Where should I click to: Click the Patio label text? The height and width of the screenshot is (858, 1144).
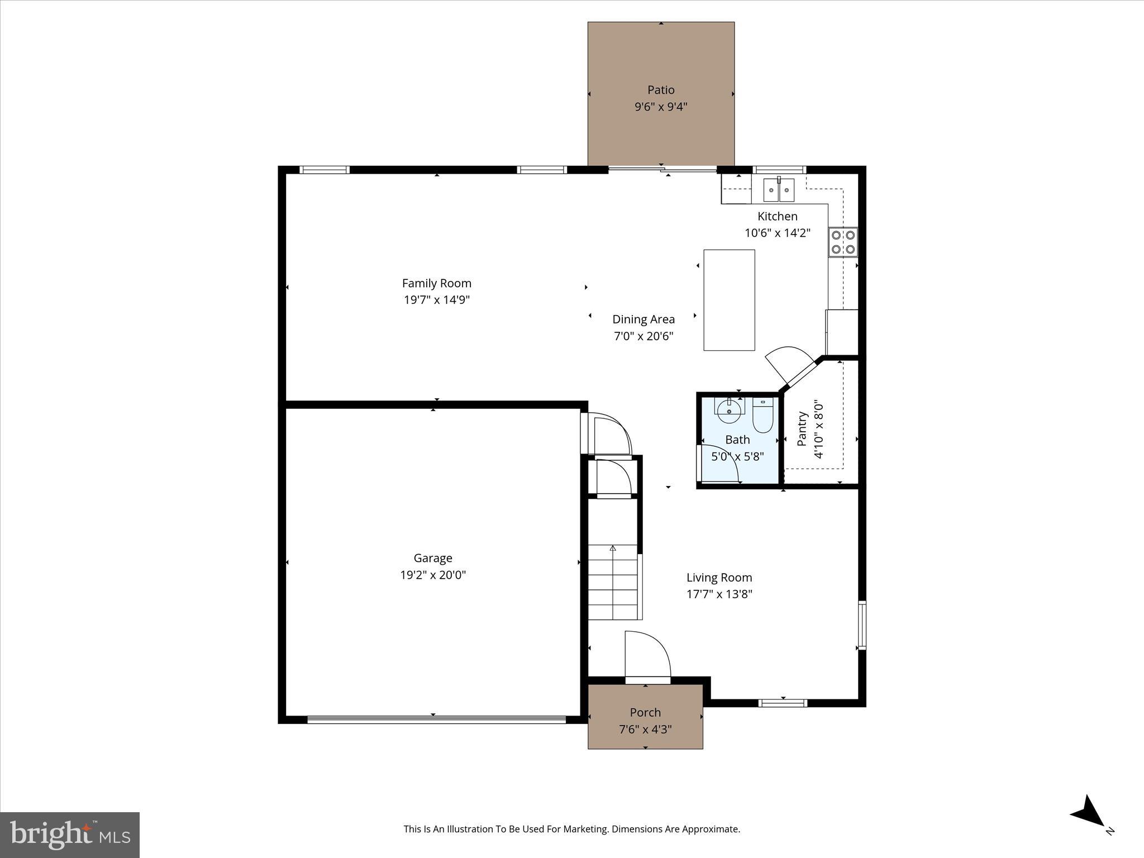pyautogui.click(x=661, y=90)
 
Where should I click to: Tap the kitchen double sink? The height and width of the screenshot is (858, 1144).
pyautogui.click(x=779, y=190)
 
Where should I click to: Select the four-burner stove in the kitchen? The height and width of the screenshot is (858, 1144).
pyautogui.click(x=843, y=242)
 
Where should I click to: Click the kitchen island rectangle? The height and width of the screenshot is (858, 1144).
pyautogui.click(x=729, y=300)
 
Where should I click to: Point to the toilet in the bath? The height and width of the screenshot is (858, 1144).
pyautogui.click(x=762, y=416)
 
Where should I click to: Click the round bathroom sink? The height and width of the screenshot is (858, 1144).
pyautogui.click(x=729, y=412)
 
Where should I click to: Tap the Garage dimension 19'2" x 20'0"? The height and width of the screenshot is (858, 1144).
pyautogui.click(x=433, y=575)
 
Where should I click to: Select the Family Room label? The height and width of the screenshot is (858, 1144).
pyautogui.click(x=437, y=283)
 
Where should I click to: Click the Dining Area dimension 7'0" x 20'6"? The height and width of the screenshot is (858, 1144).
pyautogui.click(x=643, y=336)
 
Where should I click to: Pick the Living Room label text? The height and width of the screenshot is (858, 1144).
pyautogui.click(x=719, y=578)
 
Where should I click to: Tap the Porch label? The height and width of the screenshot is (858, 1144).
pyautogui.click(x=645, y=713)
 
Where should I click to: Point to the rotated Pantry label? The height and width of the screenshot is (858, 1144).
pyautogui.click(x=803, y=428)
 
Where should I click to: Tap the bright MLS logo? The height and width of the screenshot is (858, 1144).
pyautogui.click(x=70, y=835)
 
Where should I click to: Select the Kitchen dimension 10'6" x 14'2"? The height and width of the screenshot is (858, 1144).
pyautogui.click(x=777, y=233)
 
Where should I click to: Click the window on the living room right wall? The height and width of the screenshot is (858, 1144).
pyautogui.click(x=861, y=625)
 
